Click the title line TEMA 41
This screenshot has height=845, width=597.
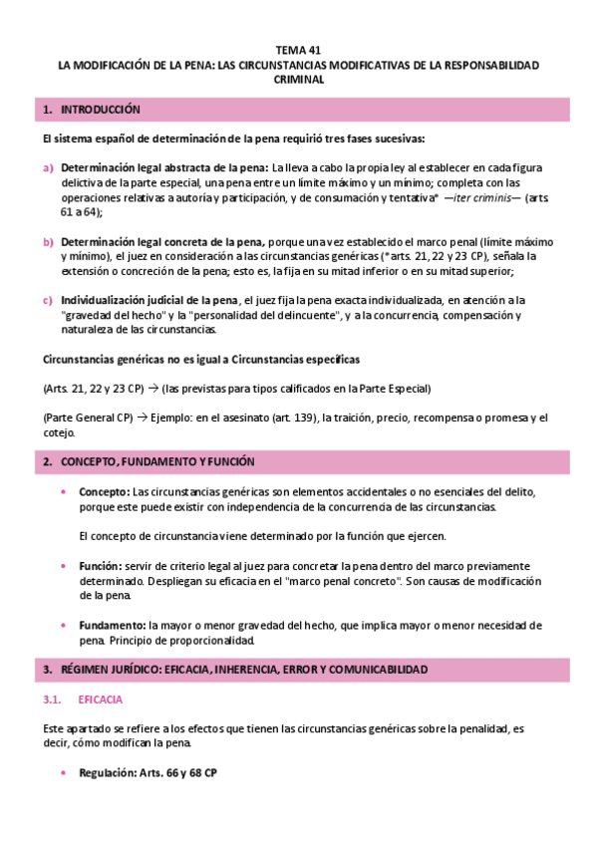point(298,49)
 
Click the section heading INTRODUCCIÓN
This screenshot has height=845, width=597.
point(101,109)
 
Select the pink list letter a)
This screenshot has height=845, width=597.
point(48,167)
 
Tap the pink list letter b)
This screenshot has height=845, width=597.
point(48,242)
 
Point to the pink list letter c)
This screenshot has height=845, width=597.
point(48,300)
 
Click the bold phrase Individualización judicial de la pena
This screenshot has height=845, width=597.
point(149,300)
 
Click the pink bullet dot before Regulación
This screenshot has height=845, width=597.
point(66,773)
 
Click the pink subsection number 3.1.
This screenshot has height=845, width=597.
point(55,701)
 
